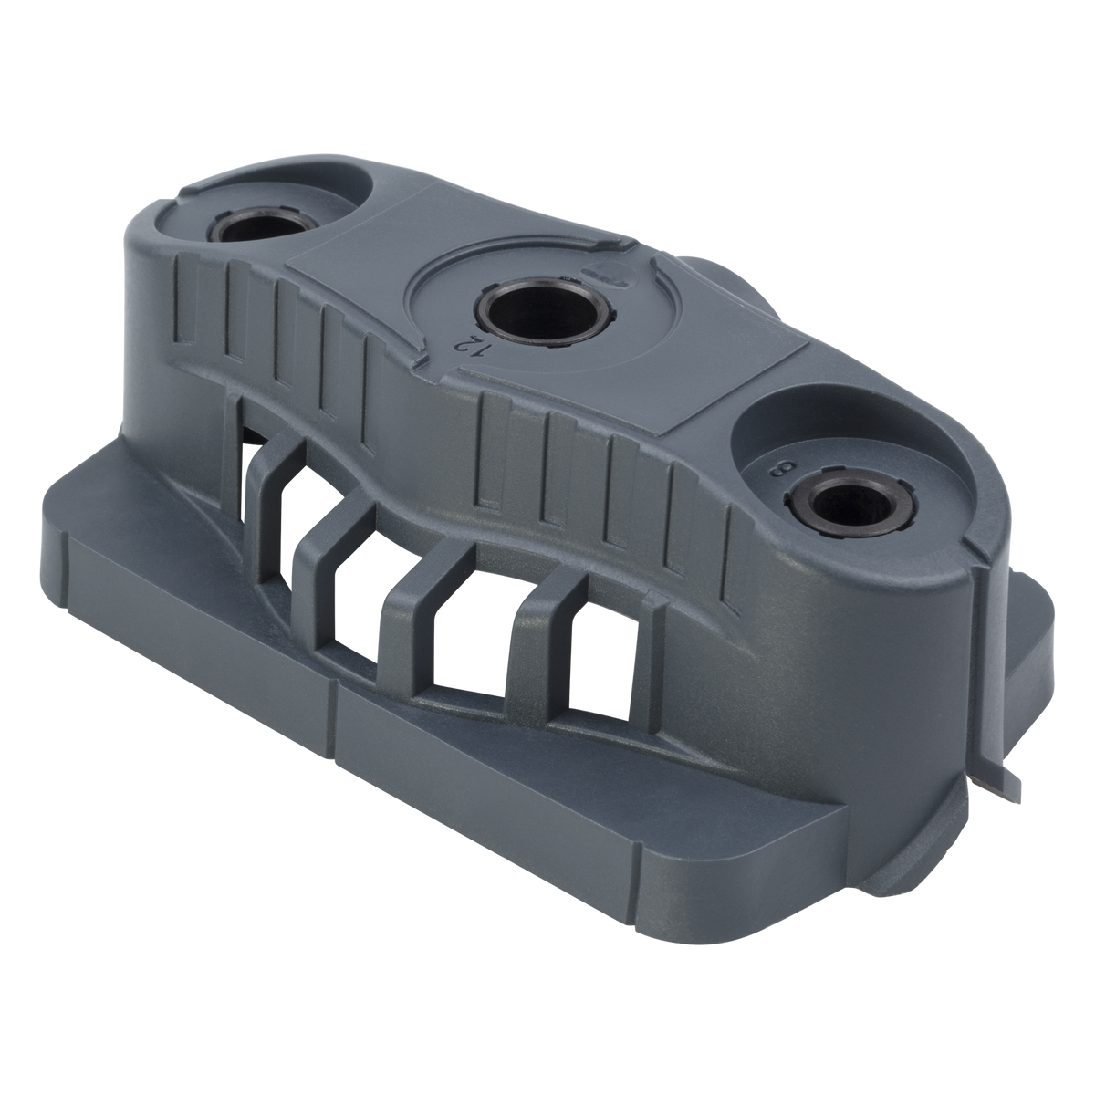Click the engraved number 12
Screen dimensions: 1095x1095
tap(467, 345)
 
